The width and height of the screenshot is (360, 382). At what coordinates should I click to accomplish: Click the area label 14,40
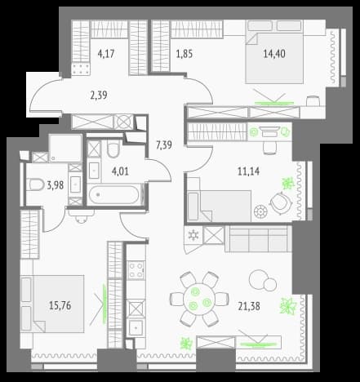click(x=274, y=54)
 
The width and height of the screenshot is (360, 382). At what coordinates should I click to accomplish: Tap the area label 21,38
click(x=249, y=306)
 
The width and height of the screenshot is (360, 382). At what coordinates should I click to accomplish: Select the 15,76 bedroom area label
click(x=60, y=305)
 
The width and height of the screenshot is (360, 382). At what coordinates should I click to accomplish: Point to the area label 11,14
click(x=248, y=171)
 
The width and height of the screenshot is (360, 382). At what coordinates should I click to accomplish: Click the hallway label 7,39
click(x=164, y=145)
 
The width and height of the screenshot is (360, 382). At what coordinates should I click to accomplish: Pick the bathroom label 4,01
click(x=120, y=171)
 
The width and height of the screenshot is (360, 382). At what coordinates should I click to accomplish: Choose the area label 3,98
click(x=56, y=185)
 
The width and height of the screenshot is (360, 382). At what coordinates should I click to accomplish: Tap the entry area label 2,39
click(x=99, y=95)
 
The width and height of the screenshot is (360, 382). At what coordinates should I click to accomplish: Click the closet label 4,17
click(x=106, y=54)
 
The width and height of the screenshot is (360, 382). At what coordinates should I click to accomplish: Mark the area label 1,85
click(x=184, y=54)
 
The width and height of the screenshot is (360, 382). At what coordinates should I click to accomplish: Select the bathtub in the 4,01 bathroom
click(x=113, y=194)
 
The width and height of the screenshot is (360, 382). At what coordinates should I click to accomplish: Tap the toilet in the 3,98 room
click(x=37, y=184)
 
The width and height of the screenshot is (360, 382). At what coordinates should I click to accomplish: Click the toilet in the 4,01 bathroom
click(x=113, y=149)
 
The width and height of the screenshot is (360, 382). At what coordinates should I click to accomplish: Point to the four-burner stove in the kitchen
click(x=136, y=269)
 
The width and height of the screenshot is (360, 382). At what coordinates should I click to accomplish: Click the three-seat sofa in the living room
click(x=258, y=238)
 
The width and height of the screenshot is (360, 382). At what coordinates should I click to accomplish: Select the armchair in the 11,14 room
click(x=280, y=202)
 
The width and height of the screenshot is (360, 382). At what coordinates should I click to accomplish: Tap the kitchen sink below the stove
click(x=136, y=328)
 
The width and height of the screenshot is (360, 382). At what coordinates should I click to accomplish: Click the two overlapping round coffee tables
click(x=263, y=280)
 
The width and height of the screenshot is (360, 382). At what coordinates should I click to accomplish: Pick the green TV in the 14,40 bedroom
click(x=274, y=103)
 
